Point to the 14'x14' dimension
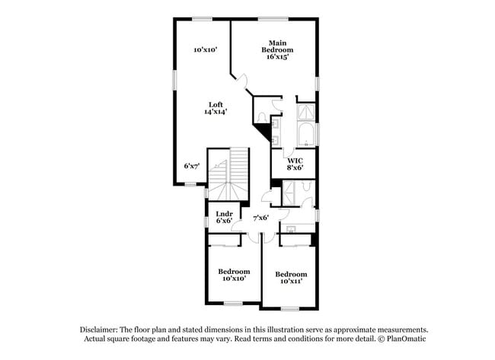[x=216, y=112]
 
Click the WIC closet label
[x=295, y=160]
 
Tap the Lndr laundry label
[x=224, y=213]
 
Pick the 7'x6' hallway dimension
[x=260, y=218]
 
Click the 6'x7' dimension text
[x=191, y=165]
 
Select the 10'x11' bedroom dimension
[x=290, y=282]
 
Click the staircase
[x=231, y=171]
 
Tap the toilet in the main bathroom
[x=261, y=117]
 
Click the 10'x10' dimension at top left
[x=206, y=49]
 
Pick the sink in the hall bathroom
[x=292, y=228]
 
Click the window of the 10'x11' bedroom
[x=289, y=308]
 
